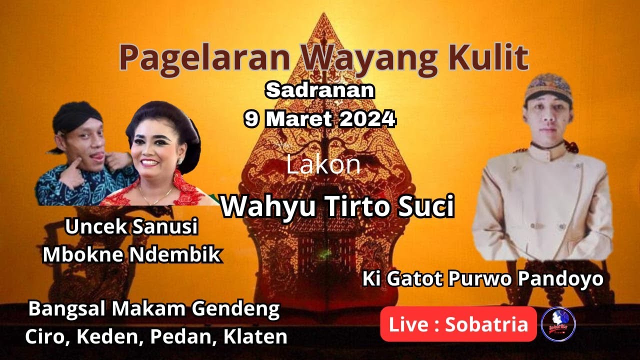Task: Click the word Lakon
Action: click(323, 165)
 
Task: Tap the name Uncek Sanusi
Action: click(132, 227)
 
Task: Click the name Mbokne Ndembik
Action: click(132, 254)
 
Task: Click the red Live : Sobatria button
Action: click(458, 324)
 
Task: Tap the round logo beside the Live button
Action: click(558, 324)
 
